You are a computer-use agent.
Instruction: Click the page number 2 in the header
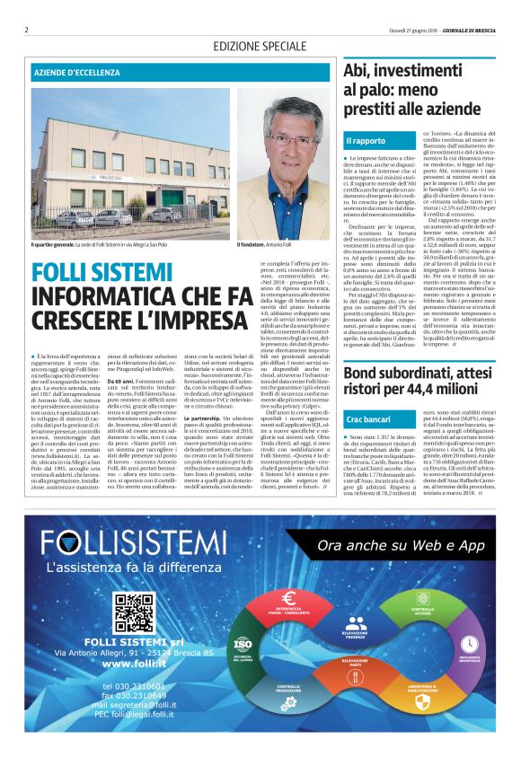click(27, 30)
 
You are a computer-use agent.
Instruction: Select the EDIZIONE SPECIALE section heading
click(260, 46)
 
